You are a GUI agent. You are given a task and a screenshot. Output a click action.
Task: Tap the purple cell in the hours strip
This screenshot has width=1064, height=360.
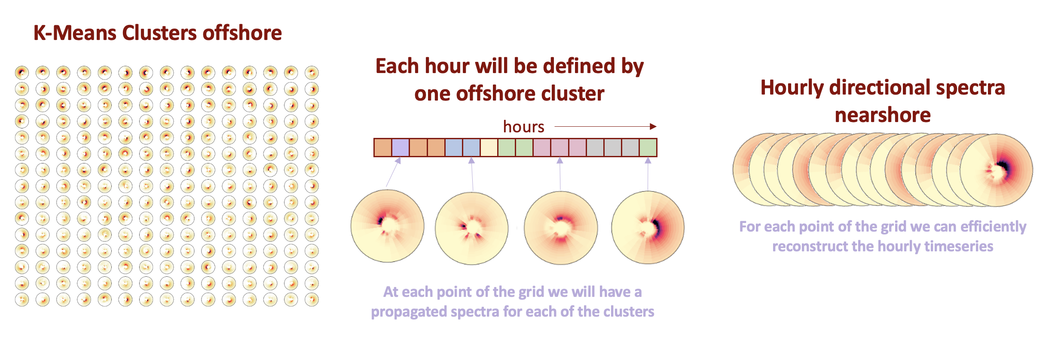(401, 147)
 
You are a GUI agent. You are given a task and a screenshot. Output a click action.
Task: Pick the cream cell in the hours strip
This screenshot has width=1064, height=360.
(489, 147)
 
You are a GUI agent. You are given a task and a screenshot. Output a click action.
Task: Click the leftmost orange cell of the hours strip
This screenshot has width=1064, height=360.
(383, 147)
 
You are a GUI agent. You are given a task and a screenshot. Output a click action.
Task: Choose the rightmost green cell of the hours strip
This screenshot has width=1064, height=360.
(648, 147)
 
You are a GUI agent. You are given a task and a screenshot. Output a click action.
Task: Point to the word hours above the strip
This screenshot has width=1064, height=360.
(523, 127)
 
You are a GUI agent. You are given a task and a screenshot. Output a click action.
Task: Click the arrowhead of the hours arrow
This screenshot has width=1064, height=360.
(653, 126)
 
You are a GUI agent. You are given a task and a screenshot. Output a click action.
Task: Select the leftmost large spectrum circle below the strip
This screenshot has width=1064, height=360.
(388, 226)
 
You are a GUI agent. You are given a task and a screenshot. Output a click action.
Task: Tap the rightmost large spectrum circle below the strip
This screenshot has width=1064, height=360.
(648, 227)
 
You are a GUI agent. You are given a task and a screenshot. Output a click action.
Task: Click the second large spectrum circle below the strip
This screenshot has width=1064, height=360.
(472, 228)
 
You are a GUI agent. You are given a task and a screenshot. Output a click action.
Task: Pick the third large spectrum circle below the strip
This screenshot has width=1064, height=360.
(561, 228)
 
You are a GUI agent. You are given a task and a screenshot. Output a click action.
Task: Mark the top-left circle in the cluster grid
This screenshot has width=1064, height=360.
(22, 72)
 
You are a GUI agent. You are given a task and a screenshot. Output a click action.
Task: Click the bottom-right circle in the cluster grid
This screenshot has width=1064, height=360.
(312, 299)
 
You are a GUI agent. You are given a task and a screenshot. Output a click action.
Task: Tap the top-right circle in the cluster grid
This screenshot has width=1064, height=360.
(312, 72)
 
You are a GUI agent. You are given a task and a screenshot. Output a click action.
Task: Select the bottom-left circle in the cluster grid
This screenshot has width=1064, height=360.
(22, 299)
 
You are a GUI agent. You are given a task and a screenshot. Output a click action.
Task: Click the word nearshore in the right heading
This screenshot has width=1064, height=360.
(883, 115)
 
